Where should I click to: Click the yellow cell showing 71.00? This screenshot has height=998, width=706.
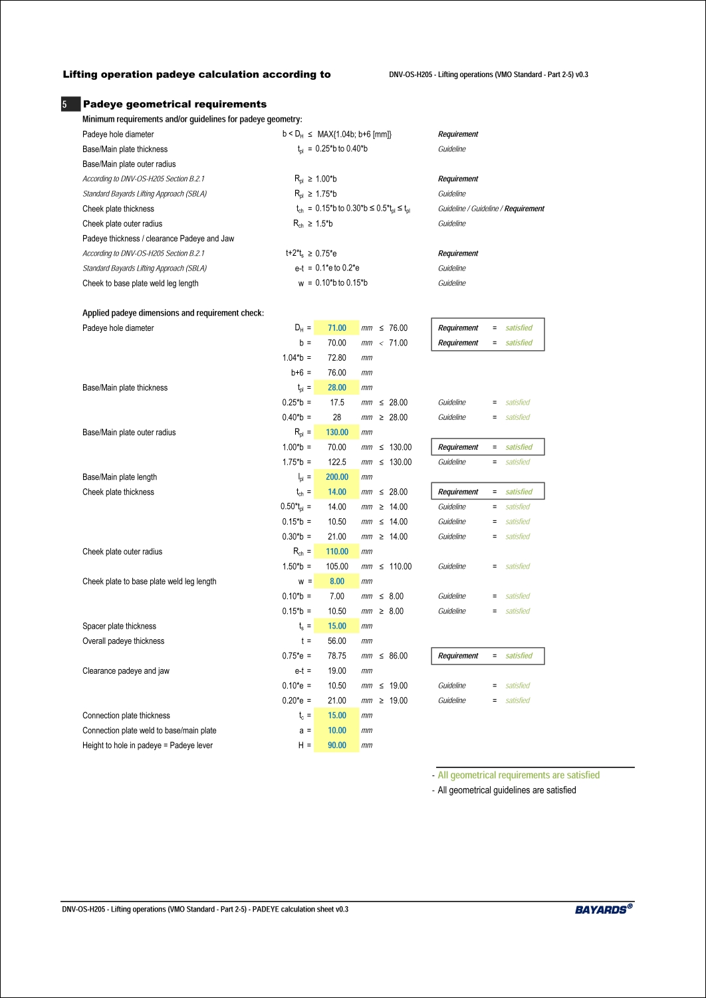tap(336, 328)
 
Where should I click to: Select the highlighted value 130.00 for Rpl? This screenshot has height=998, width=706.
tap(336, 433)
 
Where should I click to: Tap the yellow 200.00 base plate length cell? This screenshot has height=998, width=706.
tap(336, 477)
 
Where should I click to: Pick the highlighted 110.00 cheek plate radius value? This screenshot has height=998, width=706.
tap(336, 551)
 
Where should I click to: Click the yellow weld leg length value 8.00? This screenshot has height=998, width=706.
tap(336, 581)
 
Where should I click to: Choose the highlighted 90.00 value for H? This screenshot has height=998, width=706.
tap(336, 746)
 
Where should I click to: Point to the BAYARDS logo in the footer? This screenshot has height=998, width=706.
tap(603, 909)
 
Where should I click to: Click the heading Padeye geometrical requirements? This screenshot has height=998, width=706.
tap(174, 104)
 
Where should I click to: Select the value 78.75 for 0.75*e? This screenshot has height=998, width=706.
tap(337, 656)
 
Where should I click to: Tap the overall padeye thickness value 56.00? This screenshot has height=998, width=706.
tap(337, 641)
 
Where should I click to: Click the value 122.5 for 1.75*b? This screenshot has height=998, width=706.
tap(337, 462)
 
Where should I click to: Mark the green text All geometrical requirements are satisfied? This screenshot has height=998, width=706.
tap(519, 775)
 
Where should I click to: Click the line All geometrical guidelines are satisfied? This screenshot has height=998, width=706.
tap(507, 790)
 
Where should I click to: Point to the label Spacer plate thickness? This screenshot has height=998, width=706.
tap(119, 626)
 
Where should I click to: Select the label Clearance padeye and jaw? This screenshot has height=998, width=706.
tap(126, 671)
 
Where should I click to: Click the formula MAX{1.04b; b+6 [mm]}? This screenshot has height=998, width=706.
tap(354, 134)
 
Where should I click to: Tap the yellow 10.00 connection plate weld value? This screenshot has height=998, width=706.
tap(336, 730)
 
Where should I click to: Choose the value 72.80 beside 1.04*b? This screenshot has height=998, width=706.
tap(337, 358)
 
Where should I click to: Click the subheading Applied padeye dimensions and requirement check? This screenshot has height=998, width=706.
tap(173, 313)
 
